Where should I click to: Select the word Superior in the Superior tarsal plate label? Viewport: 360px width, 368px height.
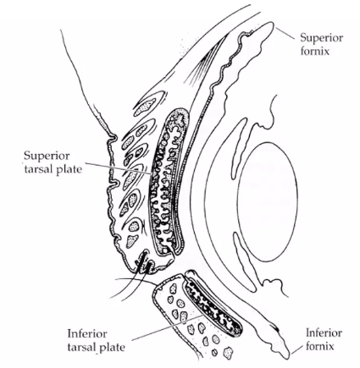(46, 156)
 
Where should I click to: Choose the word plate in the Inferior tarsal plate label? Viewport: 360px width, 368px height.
(112, 347)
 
